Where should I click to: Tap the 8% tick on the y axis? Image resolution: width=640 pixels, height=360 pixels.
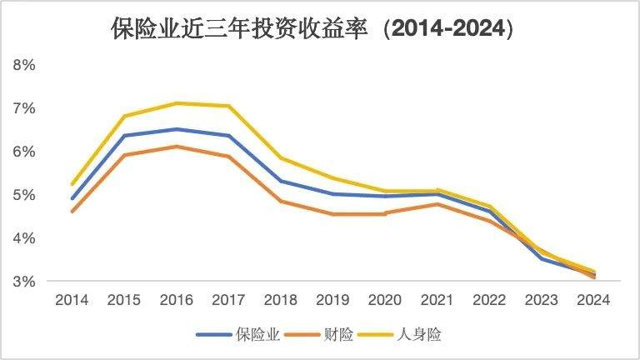pos(23,65)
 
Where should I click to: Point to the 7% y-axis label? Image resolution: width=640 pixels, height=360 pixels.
pos(23,108)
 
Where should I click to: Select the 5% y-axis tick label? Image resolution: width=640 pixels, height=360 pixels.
pos(23,195)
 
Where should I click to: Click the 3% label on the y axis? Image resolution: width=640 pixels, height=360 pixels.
pos(23,282)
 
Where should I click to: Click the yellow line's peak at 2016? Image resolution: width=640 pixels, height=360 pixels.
pos(176,103)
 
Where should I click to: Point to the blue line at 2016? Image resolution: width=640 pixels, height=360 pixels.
pos(176,129)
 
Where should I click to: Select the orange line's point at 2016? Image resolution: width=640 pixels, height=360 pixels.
pos(176,147)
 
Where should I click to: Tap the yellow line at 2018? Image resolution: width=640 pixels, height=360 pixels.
pos(281,157)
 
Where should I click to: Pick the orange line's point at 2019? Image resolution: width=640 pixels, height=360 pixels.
pos(333,214)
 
